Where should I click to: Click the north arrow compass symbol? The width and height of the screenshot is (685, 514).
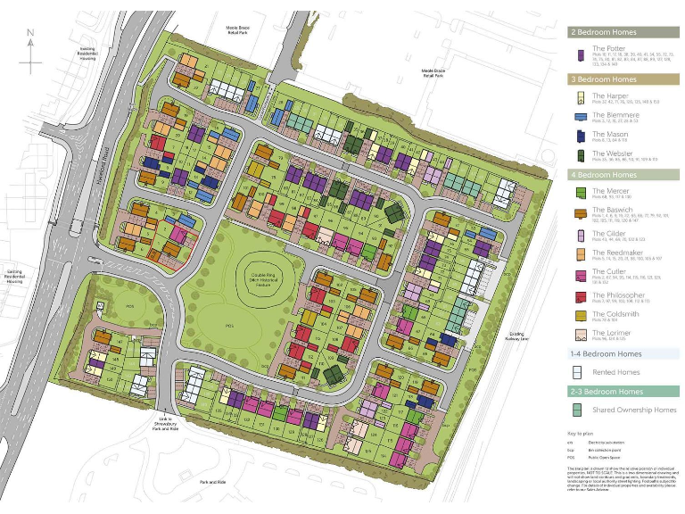[x=31, y=50]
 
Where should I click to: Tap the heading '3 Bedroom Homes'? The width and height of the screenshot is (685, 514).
[x=604, y=79]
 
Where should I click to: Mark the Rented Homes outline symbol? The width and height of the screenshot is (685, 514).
[x=578, y=373]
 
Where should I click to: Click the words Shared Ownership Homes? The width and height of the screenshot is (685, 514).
[x=629, y=410]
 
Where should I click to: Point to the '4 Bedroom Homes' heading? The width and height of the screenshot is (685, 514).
[x=604, y=175]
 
